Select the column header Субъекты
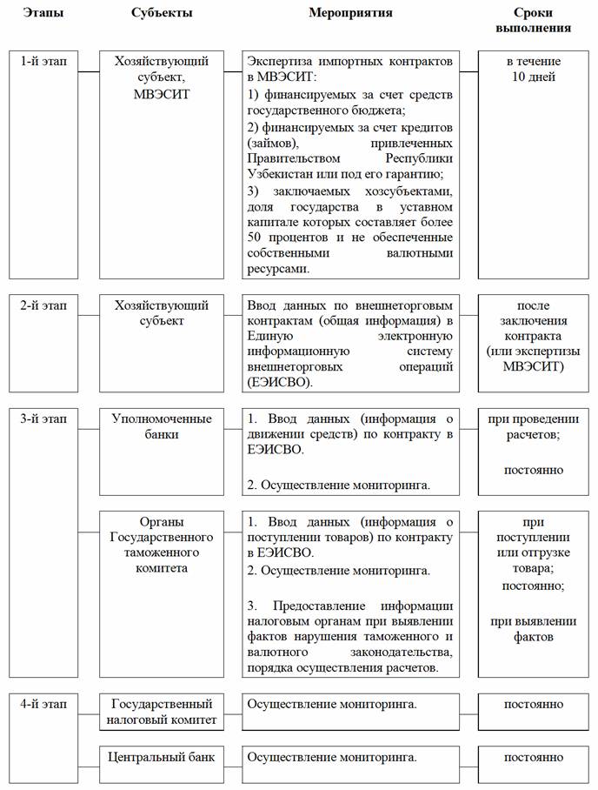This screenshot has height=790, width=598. click(x=162, y=13)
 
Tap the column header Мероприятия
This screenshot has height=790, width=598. click(x=350, y=13)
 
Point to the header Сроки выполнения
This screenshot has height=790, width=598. click(x=533, y=20)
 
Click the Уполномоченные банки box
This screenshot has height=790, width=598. click(x=162, y=426)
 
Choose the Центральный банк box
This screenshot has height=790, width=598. click(x=162, y=757)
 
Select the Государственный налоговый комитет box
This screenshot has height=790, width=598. click(x=162, y=711)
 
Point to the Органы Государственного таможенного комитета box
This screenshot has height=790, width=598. click(x=162, y=545)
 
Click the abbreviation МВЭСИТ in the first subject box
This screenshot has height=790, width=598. click(x=162, y=93)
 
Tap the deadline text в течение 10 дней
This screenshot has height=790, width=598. click(x=533, y=70)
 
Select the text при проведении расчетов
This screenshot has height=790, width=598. click(x=533, y=426)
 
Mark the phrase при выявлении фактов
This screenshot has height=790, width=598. click(x=533, y=628)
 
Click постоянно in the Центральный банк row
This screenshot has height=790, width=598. click(x=533, y=757)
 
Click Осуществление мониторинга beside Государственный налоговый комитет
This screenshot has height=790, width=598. click(x=331, y=703)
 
